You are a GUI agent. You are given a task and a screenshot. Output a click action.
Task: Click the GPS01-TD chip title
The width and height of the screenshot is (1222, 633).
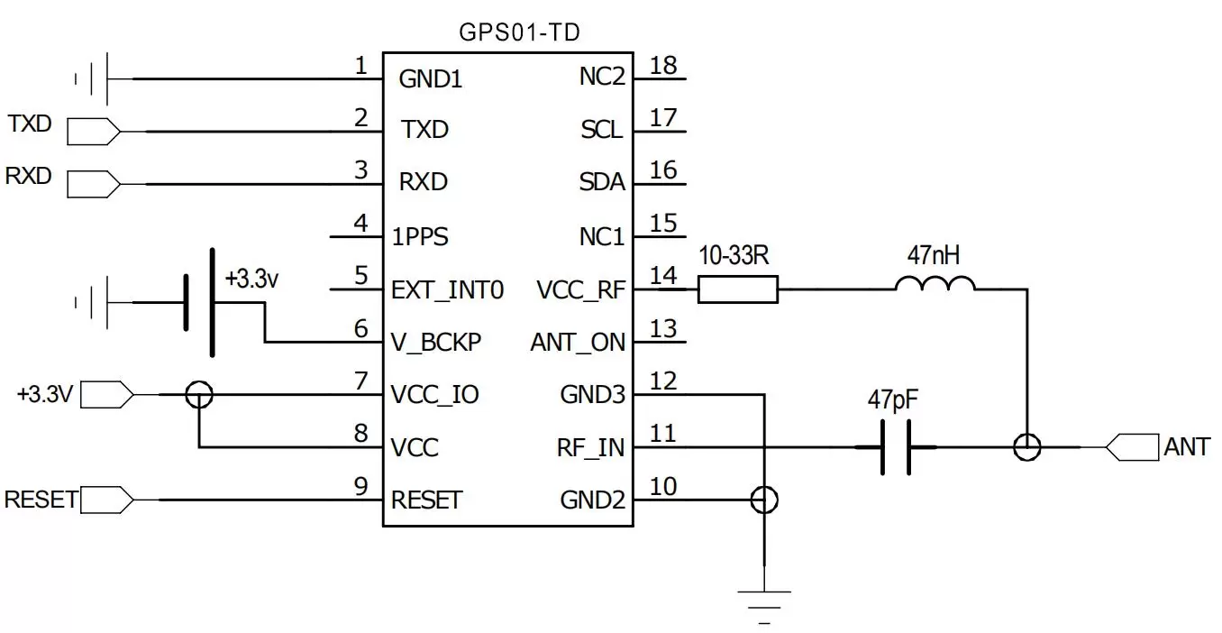pyautogui.click(x=518, y=34)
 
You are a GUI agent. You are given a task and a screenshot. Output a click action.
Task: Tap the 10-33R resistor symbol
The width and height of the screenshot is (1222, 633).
pyautogui.click(x=737, y=289)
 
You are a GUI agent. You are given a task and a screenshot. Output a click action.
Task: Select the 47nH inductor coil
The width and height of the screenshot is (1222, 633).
pyautogui.click(x=935, y=285)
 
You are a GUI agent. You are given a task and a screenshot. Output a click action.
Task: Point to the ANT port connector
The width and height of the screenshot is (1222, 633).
pyautogui.click(x=1131, y=447)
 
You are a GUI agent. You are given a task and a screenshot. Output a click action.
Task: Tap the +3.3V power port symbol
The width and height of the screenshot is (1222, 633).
pyautogui.click(x=108, y=394)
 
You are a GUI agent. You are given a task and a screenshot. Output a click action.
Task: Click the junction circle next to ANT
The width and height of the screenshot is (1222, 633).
pyautogui.click(x=1026, y=447)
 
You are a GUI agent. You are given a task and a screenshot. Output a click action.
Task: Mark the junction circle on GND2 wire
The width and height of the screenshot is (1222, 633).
pyautogui.click(x=764, y=500)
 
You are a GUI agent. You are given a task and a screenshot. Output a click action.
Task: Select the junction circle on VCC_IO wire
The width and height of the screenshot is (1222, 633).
pyautogui.click(x=198, y=394)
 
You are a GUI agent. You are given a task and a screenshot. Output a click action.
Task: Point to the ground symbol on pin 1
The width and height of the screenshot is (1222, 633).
pyautogui.click(x=95, y=79)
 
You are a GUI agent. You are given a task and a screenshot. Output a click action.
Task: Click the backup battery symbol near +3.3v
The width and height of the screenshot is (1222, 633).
pyautogui.click(x=198, y=302)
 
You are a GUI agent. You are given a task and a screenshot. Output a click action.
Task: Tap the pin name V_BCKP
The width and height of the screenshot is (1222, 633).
pyautogui.click(x=436, y=344)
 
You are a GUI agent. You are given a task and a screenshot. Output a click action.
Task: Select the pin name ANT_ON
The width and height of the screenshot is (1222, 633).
pyautogui.click(x=578, y=344)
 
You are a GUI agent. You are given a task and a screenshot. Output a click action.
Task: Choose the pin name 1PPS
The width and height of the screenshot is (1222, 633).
pyautogui.click(x=419, y=238)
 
